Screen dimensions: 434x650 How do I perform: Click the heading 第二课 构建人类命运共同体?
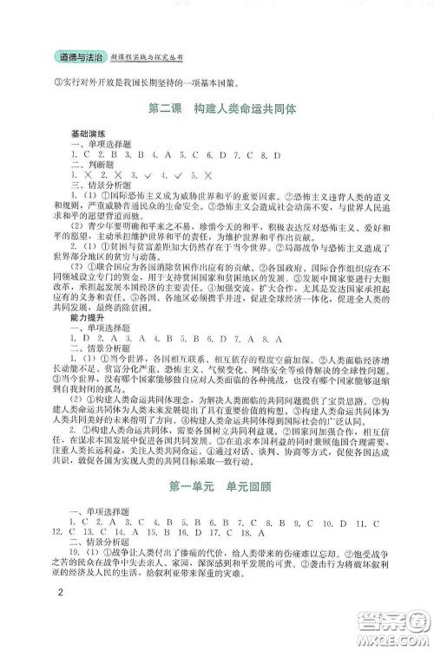coord(217,110)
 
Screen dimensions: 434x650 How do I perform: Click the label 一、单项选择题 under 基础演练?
coord(100,145)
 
